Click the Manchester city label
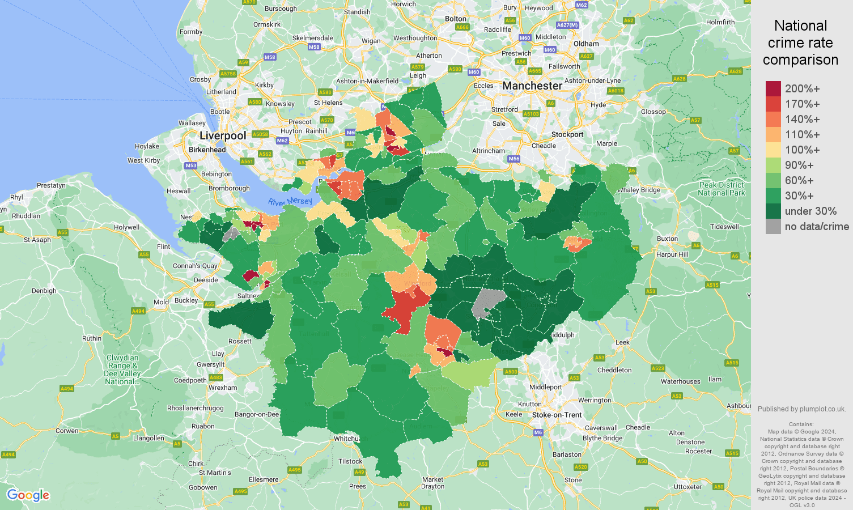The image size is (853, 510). (532, 86)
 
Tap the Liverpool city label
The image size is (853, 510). (223, 135)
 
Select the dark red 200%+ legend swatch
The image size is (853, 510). (773, 89)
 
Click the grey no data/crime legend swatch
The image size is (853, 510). (773, 227)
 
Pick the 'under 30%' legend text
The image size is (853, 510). (810, 211)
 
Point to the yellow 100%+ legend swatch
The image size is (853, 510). (773, 150)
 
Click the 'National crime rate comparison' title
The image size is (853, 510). (800, 42)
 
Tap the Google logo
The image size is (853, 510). (28, 495)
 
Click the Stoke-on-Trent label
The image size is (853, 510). (557, 415)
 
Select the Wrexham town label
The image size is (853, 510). (223, 388)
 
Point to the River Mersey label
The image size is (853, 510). (290, 202)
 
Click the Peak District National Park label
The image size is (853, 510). (722, 189)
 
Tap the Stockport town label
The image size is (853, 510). (567, 134)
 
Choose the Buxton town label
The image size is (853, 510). (667, 239)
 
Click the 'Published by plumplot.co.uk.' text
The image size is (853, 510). (801, 409)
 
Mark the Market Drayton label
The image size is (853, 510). (432, 483)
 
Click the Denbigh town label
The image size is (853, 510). (44, 291)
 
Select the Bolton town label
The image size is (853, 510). (456, 19)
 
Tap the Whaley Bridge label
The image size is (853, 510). (639, 190)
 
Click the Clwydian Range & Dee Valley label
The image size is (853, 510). (122, 369)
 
